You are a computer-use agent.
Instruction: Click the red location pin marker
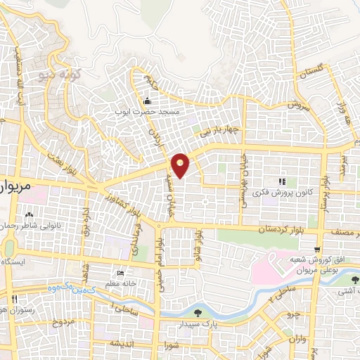tap(181, 165)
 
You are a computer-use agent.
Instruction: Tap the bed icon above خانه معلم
tap(121, 273)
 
